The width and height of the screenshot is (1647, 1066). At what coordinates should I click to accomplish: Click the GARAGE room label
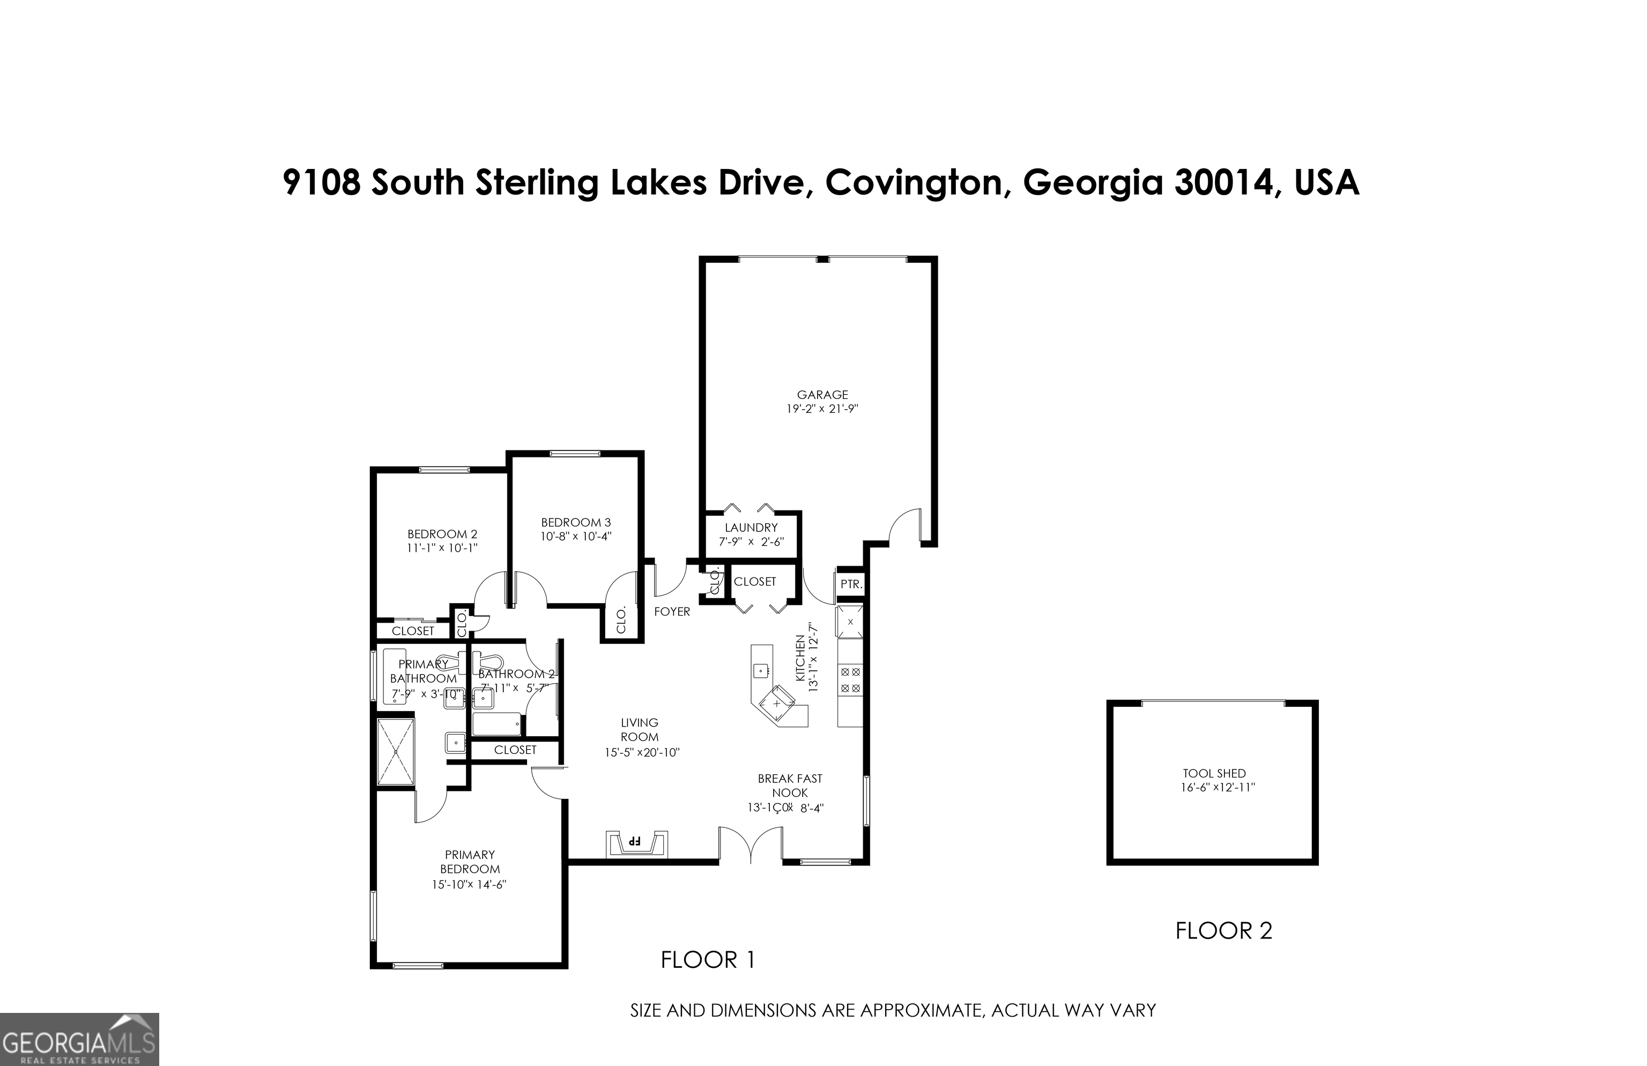822,395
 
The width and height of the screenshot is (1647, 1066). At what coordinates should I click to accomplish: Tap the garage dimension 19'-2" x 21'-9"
822,409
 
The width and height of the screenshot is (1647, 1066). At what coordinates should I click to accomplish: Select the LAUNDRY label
751,528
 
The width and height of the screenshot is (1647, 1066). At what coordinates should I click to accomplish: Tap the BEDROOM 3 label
576,523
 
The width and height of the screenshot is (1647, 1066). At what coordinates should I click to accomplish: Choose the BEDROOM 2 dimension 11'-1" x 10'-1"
442,548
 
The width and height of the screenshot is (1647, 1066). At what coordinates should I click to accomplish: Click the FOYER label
672,612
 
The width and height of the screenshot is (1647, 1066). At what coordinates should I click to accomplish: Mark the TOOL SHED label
1214,773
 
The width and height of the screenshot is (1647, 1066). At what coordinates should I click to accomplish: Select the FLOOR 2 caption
1223,931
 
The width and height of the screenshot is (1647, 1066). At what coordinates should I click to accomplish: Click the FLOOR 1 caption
708,960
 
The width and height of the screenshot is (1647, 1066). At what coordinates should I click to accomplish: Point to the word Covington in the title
914,183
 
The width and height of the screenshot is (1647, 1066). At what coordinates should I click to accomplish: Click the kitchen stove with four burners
850,680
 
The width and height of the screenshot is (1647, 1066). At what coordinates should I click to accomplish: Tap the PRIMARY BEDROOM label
470,862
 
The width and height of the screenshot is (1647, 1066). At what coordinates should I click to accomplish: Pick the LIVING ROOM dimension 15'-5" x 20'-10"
642,752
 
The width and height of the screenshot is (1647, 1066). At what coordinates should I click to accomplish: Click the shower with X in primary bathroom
396,752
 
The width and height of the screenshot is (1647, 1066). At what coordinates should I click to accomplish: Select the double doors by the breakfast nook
751,845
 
